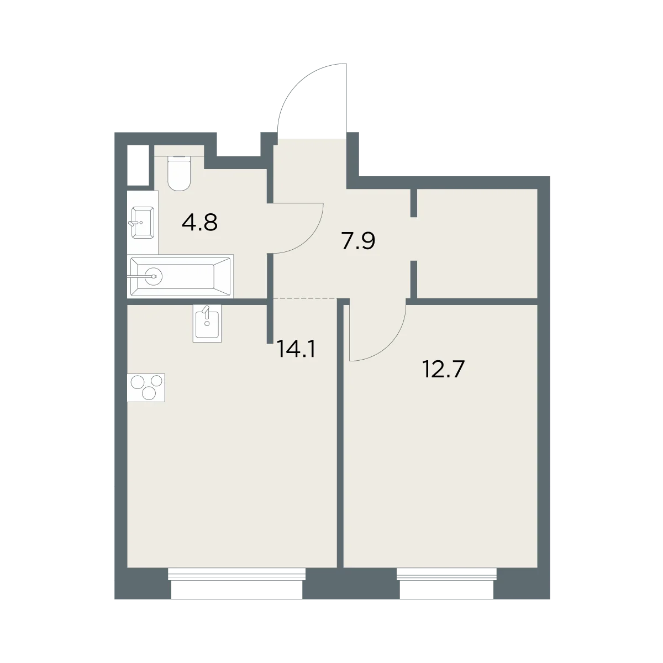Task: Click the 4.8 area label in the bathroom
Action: tap(199, 223)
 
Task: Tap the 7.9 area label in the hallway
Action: tap(358, 241)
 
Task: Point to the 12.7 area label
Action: tap(444, 370)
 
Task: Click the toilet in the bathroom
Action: tap(179, 173)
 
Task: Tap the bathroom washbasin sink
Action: tap(143, 222)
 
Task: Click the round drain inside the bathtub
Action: tap(154, 276)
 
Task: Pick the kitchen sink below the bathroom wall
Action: tap(207, 323)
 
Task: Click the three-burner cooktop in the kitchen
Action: tap(146, 388)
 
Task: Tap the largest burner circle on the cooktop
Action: tap(138, 382)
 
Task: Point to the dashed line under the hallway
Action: tap(305, 298)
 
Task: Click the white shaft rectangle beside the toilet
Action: tap(138, 165)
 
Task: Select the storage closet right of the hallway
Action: tap(477, 243)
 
